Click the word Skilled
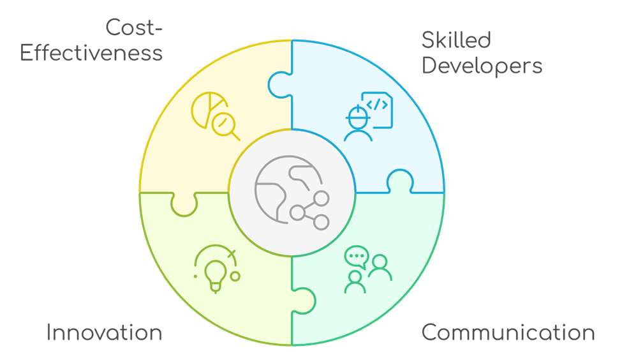pos(456,40)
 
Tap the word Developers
pos(482,66)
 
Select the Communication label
pos(508,332)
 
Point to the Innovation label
pos(105,332)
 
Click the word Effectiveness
pos(91,53)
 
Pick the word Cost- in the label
pos(134,28)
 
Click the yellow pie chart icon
pos(208,110)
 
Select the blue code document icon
pos(377,110)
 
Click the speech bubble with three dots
pos(357,257)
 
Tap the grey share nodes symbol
pos(310,211)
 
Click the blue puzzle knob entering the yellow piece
pos(280,84)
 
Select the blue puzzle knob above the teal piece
pos(400,181)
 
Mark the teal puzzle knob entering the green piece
pos(304,301)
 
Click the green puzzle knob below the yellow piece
pos(184,204)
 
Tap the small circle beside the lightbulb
pos(235,276)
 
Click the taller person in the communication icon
pos(380,267)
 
